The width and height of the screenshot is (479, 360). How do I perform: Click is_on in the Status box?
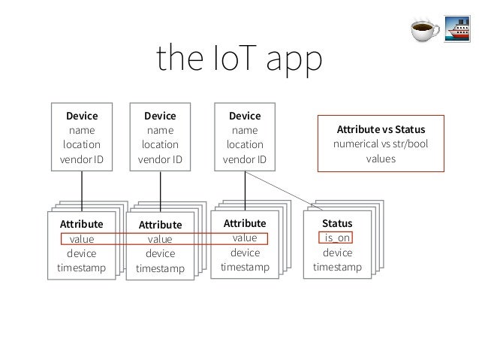pyautogui.click(x=337, y=238)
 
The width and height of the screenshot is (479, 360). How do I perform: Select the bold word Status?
pyautogui.click(x=337, y=224)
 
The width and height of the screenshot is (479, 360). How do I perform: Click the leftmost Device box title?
pyautogui.click(x=81, y=116)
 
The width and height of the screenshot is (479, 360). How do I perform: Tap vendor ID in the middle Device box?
pyautogui.click(x=160, y=159)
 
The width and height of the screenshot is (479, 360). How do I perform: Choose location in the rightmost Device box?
pyautogui.click(x=245, y=144)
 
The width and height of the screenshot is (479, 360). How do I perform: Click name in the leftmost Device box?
pyautogui.click(x=81, y=130)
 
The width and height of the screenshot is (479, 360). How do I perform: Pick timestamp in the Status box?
pyautogui.click(x=337, y=267)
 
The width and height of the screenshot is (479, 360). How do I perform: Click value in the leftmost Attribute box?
pyautogui.click(x=81, y=239)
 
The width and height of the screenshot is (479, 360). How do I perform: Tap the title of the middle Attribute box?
pyautogui.click(x=160, y=225)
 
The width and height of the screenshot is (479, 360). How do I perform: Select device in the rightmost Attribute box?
pyautogui.click(x=245, y=253)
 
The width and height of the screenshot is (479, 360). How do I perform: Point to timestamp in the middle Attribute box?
pyautogui.click(x=160, y=268)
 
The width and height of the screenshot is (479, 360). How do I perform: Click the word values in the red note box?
pyautogui.click(x=382, y=159)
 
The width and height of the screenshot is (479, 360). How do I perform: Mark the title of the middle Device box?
pyautogui.click(x=160, y=116)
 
